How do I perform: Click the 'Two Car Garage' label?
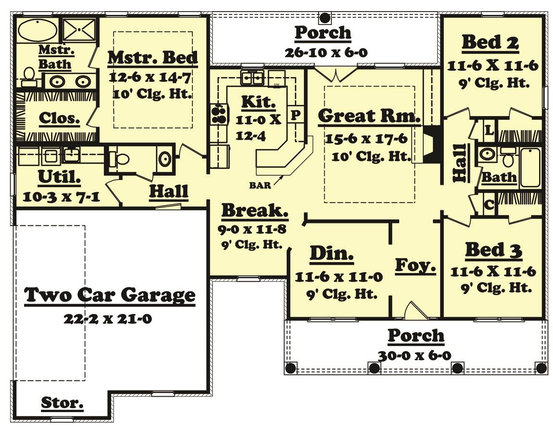(x=110, y=294)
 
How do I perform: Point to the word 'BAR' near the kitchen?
(x=259, y=184)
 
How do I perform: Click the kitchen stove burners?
(x=218, y=114)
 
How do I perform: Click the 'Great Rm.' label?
(x=369, y=116)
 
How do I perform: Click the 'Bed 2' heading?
(x=490, y=42)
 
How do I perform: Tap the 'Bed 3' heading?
(x=493, y=250)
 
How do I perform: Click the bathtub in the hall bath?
(x=530, y=167)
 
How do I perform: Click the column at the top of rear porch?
(x=325, y=18)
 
